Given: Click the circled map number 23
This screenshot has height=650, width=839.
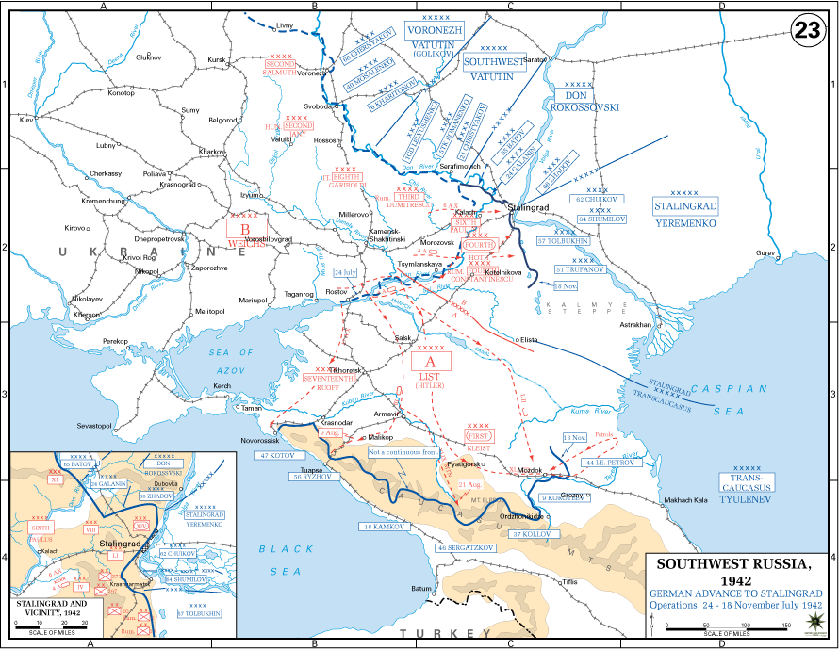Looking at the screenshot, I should [x=806, y=30].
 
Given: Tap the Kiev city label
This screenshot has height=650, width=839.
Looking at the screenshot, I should [x=26, y=121].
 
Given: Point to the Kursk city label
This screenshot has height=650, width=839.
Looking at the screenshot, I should [x=218, y=60].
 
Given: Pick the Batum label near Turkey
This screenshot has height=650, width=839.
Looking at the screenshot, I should [x=421, y=588].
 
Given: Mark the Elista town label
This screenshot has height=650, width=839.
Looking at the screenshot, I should [x=530, y=338].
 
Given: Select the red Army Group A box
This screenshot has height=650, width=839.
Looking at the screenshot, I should [x=430, y=362].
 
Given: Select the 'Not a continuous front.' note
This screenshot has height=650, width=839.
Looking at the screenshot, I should [x=404, y=452].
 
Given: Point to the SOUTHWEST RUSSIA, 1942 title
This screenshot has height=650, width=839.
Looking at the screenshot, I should [x=732, y=572].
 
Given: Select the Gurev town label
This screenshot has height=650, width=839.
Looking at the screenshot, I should [x=766, y=253].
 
